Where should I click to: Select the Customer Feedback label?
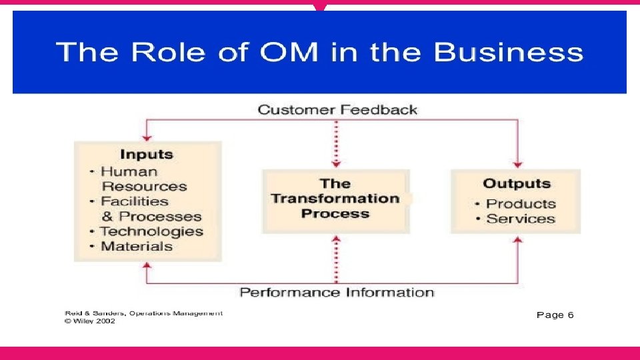tap(337, 109)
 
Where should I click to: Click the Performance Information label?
tap(337, 293)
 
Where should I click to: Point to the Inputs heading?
tap(147, 155)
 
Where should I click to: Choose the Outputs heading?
tap(517, 184)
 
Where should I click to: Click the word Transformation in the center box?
tap(335, 199)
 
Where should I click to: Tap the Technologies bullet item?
tap(151, 232)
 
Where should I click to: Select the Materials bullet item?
tap(136, 247)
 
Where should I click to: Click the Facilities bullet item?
tap(135, 201)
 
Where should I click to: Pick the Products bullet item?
tap(521, 204)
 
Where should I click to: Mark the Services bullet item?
tap(521, 219)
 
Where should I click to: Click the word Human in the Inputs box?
tap(130, 171)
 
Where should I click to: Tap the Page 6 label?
tap(555, 315)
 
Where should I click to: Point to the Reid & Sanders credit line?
tap(143, 313)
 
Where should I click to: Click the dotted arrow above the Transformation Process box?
tap(336, 143)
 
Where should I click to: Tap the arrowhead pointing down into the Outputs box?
tap(518, 164)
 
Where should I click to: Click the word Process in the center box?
tap(335, 214)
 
